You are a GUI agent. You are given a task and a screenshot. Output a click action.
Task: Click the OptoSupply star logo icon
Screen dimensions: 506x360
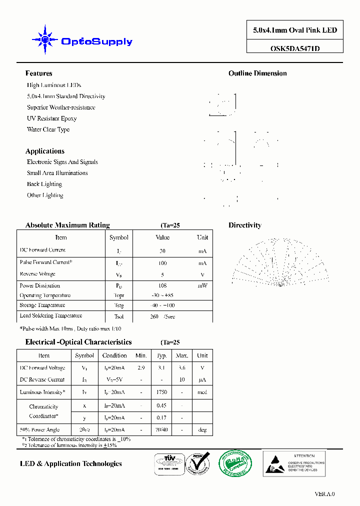[45, 39]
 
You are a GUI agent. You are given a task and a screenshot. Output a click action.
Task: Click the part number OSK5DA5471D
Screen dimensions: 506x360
[295, 48]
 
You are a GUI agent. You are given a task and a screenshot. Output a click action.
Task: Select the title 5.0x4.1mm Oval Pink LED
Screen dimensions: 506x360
[295, 30]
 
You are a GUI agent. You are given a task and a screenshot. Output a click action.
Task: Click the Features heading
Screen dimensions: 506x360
[38, 73]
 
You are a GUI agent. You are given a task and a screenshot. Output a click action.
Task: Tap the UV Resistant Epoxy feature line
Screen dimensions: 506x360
[51, 118]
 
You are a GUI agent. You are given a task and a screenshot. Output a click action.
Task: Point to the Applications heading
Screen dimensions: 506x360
[45, 151]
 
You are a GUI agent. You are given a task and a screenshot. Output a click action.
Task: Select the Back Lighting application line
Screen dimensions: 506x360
[44, 184]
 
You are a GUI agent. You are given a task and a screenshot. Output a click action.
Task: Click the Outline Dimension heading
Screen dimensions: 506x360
[257, 73]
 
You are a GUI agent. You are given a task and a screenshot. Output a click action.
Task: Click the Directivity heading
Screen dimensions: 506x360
[245, 225]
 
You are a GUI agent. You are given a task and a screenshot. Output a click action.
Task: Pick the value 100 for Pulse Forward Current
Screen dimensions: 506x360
[162, 263]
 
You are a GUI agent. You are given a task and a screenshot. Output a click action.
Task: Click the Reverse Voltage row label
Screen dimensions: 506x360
[37, 274]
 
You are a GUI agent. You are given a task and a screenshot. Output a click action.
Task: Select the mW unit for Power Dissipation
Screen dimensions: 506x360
[202, 285]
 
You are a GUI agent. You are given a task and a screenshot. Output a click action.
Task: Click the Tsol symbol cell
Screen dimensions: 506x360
[118, 317]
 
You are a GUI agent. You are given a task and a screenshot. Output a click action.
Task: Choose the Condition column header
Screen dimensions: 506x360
[114, 355]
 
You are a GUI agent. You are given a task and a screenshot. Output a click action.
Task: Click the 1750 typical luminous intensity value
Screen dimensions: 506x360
[161, 392]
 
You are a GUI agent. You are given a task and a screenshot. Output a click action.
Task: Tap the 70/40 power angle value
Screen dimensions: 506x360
[161, 429]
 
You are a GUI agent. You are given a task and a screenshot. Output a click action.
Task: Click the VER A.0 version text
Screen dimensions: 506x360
[324, 494]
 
